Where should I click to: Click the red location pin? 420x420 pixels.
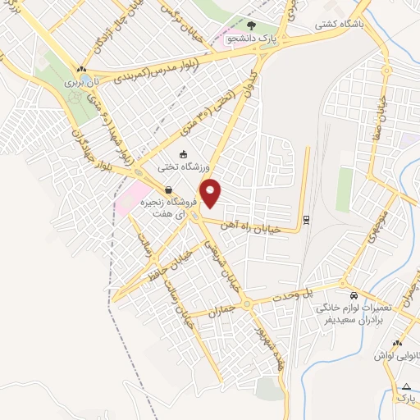pyautogui.click(x=212, y=193)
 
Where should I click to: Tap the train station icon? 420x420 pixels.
pyautogui.click(x=305, y=219)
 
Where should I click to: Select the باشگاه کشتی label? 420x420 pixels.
pyautogui.click(x=339, y=25)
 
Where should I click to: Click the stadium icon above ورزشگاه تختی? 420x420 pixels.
pyautogui.click(x=183, y=153)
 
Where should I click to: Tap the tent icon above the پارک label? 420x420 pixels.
pyautogui.click(x=405, y=386)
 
